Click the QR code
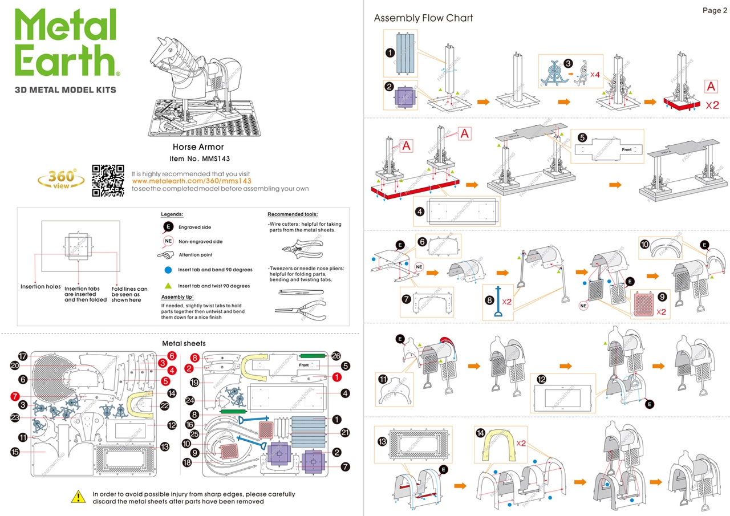[x=108, y=181]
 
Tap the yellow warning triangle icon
[x=78, y=497]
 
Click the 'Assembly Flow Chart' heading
[x=423, y=18]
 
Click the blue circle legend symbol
[x=168, y=270]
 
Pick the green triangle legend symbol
[x=168, y=285]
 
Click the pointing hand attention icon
[x=167, y=255]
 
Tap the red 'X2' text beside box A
[x=712, y=105]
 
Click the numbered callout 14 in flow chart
[x=480, y=433]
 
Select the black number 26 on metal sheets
[x=336, y=355]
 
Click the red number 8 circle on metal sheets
[x=194, y=358]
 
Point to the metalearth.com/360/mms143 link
[x=192, y=181]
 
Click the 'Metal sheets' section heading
[x=184, y=343]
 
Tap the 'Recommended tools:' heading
[x=293, y=214]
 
